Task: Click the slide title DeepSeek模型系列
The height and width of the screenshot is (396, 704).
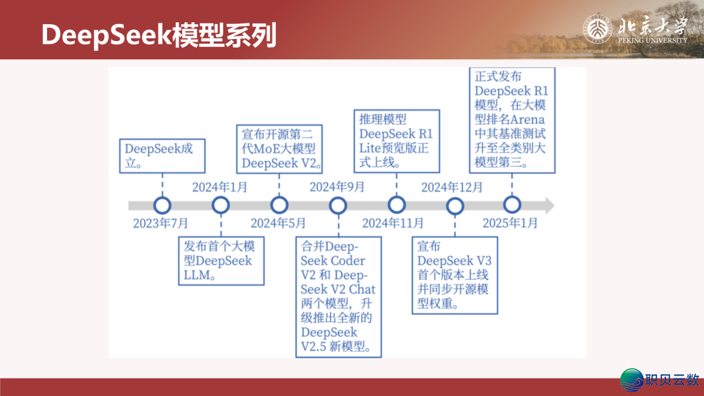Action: point(158,35)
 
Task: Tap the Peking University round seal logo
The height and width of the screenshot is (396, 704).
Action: point(597,29)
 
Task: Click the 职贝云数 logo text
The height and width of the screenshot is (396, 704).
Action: point(671,378)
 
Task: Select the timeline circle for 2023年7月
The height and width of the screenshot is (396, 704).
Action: point(162,206)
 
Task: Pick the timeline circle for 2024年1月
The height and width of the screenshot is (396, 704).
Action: point(220,206)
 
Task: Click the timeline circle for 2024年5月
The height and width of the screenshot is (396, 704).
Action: point(279,206)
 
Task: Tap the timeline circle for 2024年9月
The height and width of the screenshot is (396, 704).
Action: point(338,206)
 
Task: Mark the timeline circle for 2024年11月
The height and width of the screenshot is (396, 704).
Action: point(396,206)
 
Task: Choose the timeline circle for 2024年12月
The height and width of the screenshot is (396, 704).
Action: point(454,206)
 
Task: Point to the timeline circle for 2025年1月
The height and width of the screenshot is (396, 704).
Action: point(512,205)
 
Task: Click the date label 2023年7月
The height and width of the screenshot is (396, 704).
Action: point(161,223)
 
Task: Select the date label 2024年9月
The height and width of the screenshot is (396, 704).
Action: point(337,188)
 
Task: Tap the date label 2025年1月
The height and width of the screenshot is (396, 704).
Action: point(510,223)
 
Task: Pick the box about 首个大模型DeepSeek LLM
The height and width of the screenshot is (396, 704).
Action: point(222,261)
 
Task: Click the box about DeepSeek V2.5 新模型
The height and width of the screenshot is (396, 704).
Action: point(338,297)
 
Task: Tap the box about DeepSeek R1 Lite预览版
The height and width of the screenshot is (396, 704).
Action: point(396,141)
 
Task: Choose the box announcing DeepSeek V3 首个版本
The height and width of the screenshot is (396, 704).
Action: point(455,276)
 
